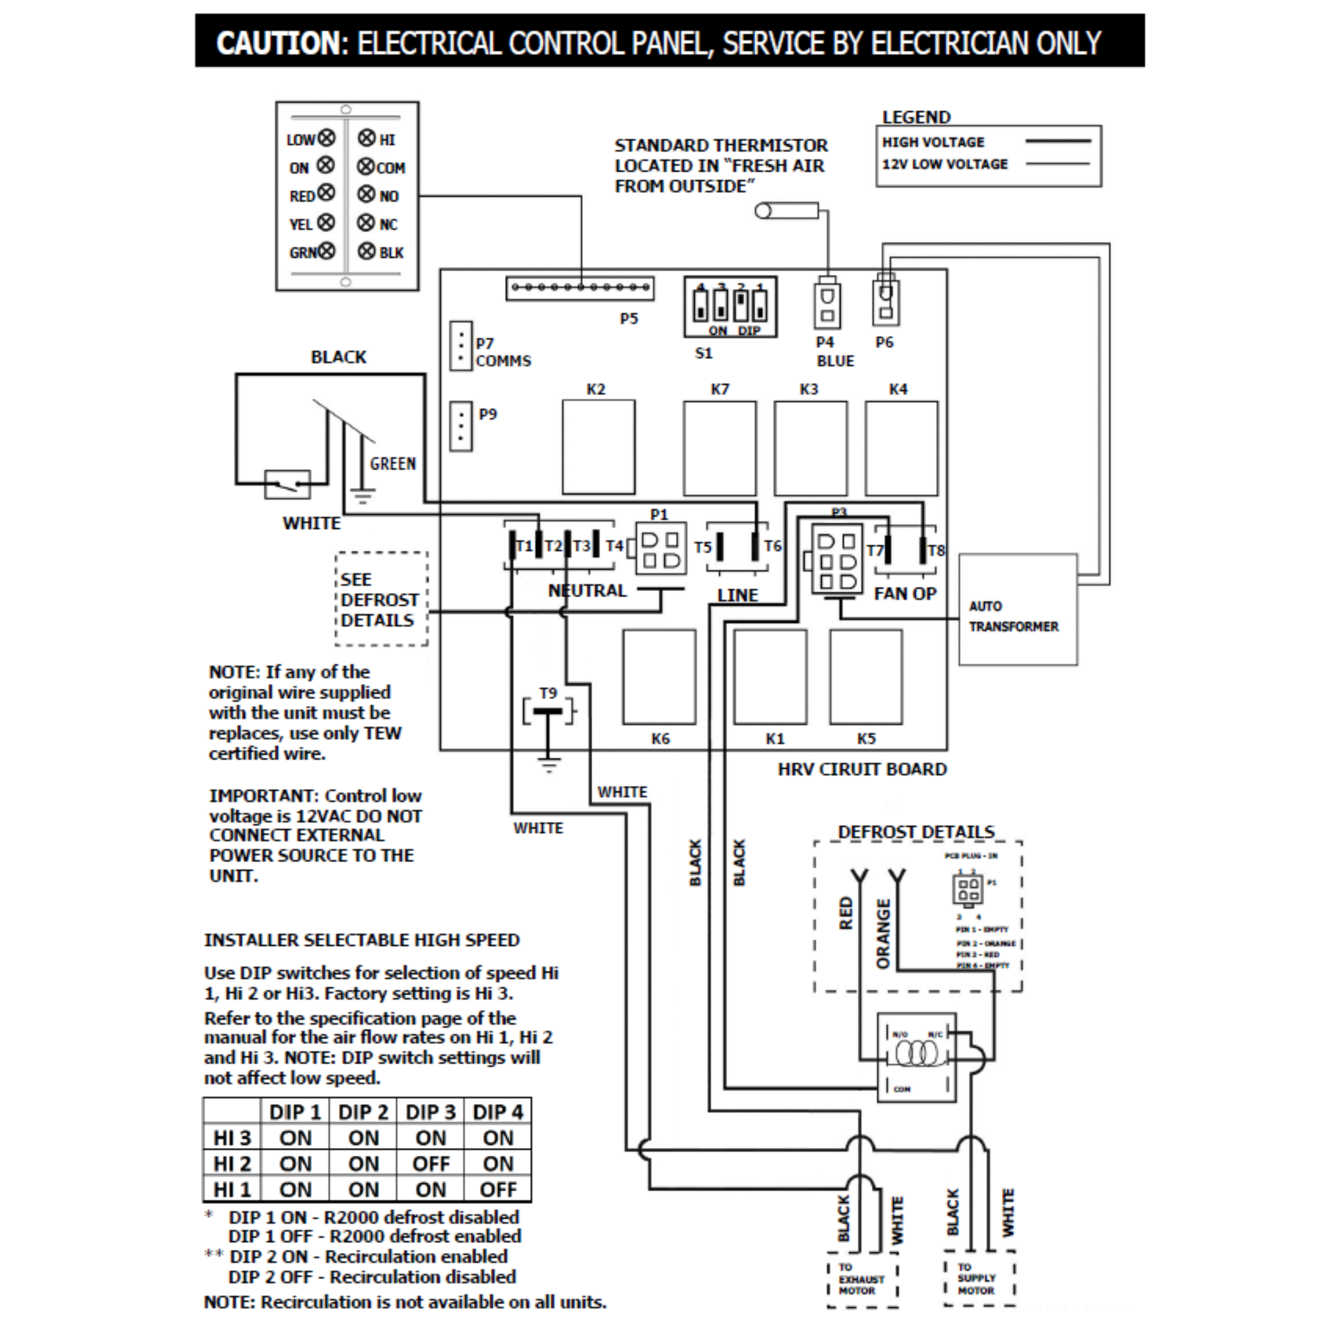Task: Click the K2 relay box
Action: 598,446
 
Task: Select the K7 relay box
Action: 719,448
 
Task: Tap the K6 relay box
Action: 659,676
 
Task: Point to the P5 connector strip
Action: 579,288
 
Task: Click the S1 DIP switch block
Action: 730,306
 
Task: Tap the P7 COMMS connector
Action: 460,345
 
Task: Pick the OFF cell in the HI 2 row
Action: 431,1164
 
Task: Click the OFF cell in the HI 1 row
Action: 498,1190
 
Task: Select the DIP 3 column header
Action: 431,1112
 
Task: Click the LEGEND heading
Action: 916,117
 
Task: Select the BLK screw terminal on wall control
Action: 366,251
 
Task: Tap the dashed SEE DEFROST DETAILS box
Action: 381,599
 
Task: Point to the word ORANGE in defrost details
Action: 883,934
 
